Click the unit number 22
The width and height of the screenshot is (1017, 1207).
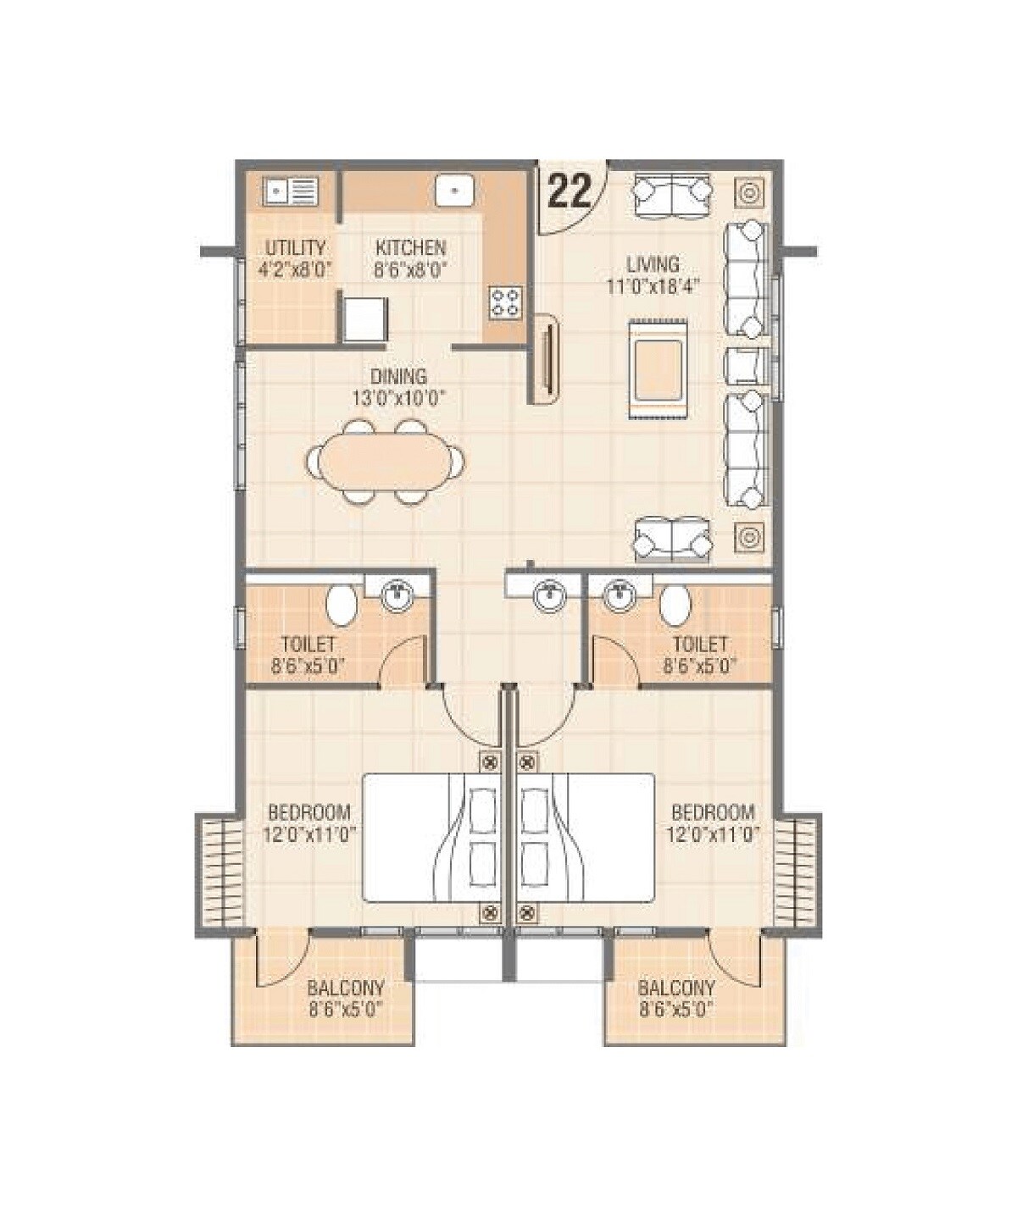569,192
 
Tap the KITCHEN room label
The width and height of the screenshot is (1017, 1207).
410,248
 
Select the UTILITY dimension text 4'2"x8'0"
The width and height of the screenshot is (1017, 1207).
294,270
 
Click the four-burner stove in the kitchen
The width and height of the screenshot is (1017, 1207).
506,302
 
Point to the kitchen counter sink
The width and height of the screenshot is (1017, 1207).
454,191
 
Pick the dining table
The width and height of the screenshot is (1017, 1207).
386,462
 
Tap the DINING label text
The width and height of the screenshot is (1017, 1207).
398,376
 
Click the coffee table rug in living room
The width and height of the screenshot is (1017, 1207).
658,369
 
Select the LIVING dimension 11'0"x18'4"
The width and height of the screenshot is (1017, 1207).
653,285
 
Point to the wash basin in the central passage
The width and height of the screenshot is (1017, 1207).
549,594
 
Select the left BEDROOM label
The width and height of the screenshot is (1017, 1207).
308,811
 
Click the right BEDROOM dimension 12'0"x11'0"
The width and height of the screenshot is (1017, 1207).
713,833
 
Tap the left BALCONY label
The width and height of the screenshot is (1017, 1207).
346,988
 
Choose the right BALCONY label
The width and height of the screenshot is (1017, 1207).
676,988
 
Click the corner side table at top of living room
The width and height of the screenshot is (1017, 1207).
749,194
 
